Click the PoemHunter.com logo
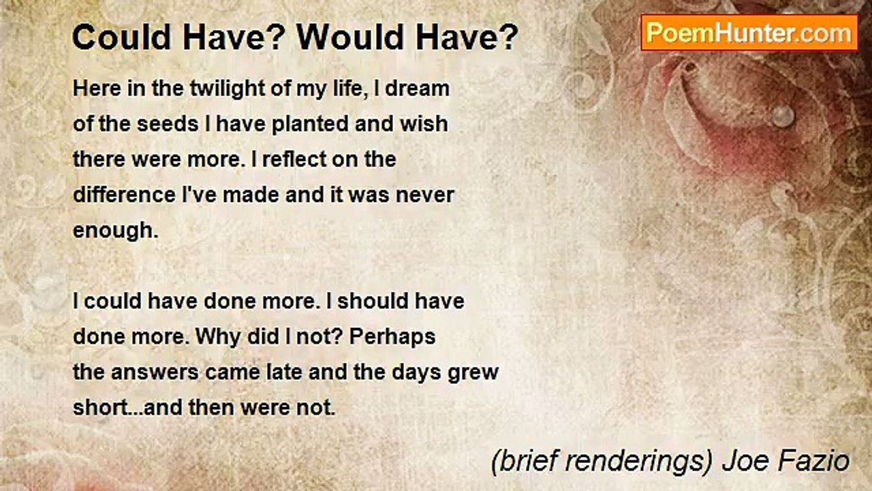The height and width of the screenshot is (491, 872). (749, 33)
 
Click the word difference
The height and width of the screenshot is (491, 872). (123, 195)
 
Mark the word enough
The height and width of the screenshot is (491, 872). (114, 231)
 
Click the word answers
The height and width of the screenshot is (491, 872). (157, 373)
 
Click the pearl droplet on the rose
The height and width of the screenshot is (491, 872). (783, 115)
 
